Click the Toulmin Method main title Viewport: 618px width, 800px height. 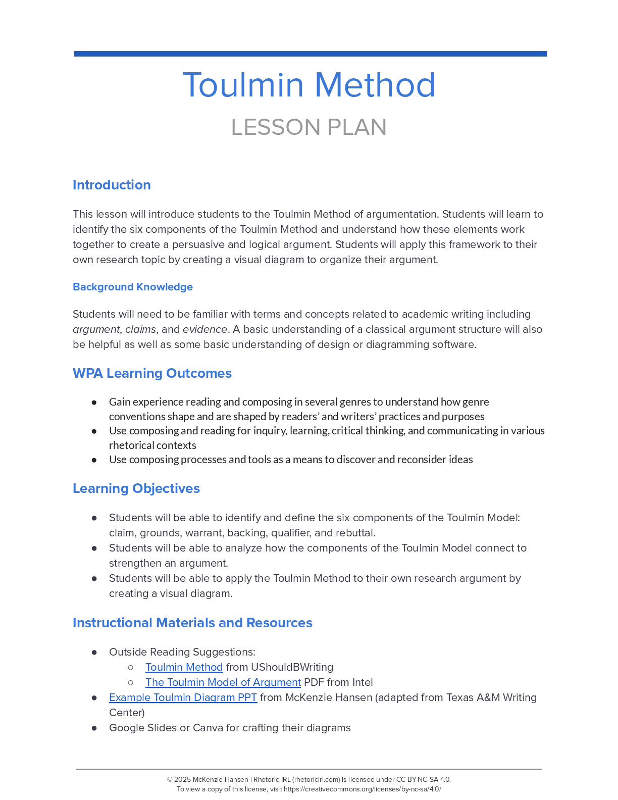click(308, 85)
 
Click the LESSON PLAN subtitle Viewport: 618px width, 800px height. click(308, 127)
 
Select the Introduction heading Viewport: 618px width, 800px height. click(112, 185)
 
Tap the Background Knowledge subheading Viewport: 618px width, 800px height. click(133, 287)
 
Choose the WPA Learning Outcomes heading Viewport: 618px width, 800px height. click(152, 373)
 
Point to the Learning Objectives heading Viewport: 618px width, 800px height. click(136, 488)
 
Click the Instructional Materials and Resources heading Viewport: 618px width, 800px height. click(192, 623)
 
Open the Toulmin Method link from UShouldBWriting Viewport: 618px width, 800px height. click(184, 667)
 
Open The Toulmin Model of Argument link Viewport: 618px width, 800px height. click(223, 682)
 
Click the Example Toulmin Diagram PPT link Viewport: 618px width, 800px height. click(183, 697)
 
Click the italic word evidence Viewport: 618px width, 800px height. click(204, 329)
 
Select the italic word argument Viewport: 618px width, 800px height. click(96, 329)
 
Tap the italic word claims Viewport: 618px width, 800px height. click(140, 329)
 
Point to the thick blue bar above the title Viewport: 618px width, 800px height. click(310, 54)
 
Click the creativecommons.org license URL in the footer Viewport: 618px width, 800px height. click(362, 789)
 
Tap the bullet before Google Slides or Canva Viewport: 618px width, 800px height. click(94, 728)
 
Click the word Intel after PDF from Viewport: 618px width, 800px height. click(363, 682)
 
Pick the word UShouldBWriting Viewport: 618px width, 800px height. click(292, 667)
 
